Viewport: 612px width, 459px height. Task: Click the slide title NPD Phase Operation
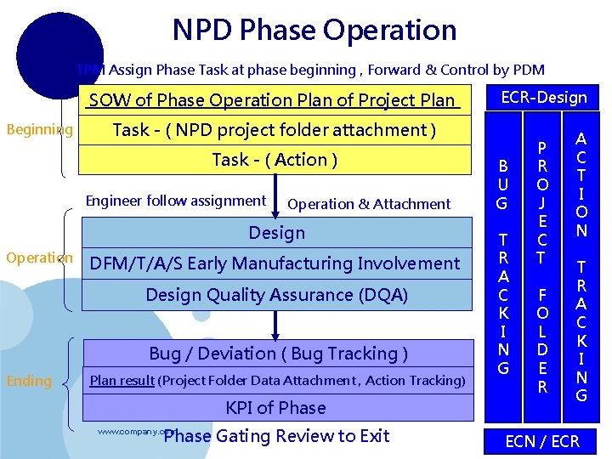[314, 31]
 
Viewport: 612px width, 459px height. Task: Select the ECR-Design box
[543, 97]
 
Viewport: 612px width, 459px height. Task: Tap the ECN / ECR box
[542, 441]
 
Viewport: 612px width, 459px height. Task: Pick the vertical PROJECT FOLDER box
[542, 266]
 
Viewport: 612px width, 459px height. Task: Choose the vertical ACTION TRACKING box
[581, 266]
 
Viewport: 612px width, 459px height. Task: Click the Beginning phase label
[39, 130]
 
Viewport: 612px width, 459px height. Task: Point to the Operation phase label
[39, 258]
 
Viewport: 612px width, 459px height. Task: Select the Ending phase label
[29, 381]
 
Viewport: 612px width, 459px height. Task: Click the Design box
[276, 232]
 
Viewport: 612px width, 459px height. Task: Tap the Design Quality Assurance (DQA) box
[276, 295]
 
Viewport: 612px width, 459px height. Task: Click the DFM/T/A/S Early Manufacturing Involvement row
[275, 263]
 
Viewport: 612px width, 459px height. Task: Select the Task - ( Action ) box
[275, 160]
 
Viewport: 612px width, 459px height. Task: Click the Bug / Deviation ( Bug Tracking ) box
[278, 354]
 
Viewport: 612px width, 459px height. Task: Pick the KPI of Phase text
[275, 408]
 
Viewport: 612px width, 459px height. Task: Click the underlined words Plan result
[122, 381]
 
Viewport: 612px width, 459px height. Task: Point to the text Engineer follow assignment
[176, 201]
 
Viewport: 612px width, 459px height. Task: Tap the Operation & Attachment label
[369, 204]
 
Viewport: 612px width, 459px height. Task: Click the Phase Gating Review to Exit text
[276, 436]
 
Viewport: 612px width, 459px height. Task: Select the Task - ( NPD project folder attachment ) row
[275, 130]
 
